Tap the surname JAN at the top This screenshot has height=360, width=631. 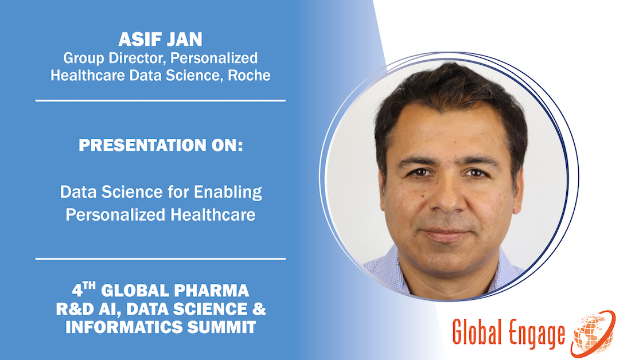pos(184,40)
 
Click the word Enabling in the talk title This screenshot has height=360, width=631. pos(232,192)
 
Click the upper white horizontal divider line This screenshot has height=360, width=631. pos(161,100)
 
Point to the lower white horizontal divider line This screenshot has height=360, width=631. pos(161,259)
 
